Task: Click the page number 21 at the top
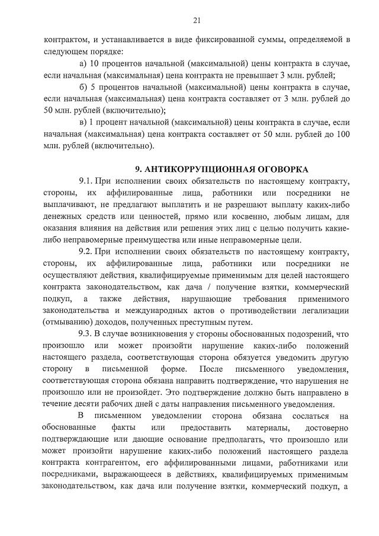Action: pos(197,21)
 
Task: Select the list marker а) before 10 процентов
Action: pos(82,63)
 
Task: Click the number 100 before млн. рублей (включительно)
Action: pos(342,135)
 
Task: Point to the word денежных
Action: pos(62,216)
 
